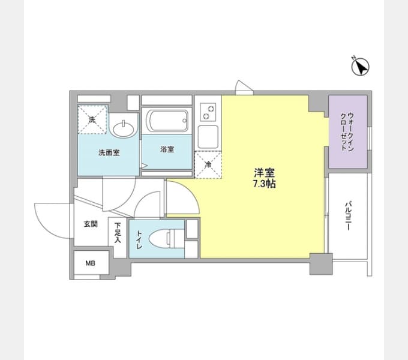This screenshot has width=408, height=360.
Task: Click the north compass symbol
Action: tap(360, 67)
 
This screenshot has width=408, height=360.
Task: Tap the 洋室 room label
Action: tap(265, 173)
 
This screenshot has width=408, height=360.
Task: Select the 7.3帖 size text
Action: tap(265, 184)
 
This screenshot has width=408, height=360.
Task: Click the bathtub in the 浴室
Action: tap(167, 121)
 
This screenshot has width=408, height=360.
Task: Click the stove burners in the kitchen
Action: tap(208, 112)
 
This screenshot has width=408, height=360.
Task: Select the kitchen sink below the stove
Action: tap(208, 137)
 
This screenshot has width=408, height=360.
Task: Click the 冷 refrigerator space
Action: tap(208, 164)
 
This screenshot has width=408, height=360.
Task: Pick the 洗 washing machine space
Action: tap(92, 119)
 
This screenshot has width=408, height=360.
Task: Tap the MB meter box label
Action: tap(90, 263)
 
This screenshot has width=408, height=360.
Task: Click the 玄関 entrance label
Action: tap(91, 224)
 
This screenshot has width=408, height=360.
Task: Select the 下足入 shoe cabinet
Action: tap(118, 238)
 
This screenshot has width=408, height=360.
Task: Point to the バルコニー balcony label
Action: tap(348, 215)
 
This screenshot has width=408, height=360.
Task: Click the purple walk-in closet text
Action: tap(347, 132)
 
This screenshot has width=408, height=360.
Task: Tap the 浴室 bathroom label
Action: tap(167, 149)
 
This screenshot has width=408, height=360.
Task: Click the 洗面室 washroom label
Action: tap(109, 152)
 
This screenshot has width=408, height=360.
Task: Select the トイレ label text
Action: tap(139, 239)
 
